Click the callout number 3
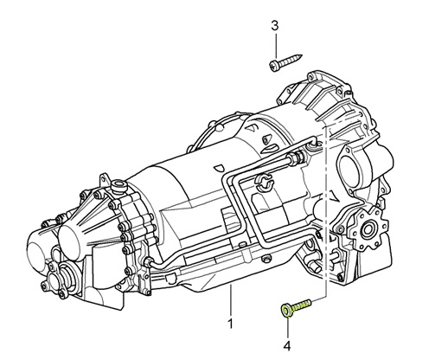(x=275, y=26)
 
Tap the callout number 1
(x=230, y=324)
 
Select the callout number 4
(x=287, y=345)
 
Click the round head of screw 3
(x=273, y=66)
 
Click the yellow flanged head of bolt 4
(x=286, y=311)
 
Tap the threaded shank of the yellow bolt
(x=302, y=305)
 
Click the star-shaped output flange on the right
(x=368, y=223)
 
